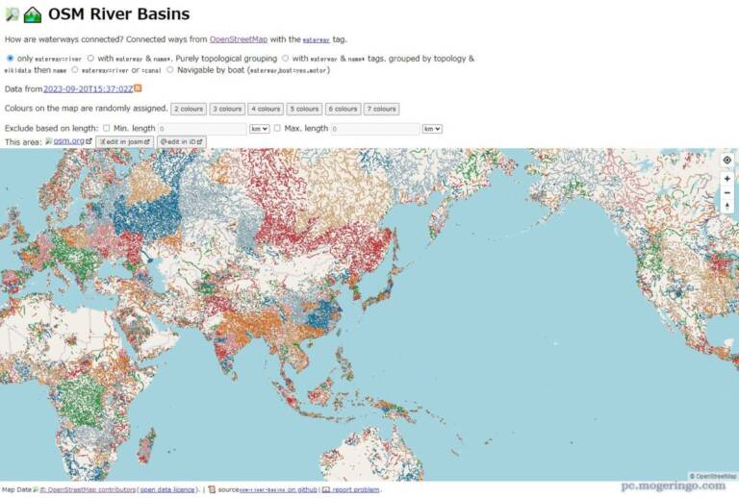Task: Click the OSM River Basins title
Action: tap(118, 14)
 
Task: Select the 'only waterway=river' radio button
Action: tap(11, 59)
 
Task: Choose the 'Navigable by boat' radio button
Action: tap(170, 69)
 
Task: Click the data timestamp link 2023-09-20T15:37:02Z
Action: tap(88, 88)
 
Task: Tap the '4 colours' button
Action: tap(265, 109)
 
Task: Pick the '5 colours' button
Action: tap(303, 109)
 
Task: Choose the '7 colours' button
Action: tap(381, 109)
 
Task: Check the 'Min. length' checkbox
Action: tap(106, 128)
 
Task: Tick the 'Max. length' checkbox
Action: tap(278, 128)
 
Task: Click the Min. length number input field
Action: tap(202, 128)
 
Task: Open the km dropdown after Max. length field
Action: tap(432, 128)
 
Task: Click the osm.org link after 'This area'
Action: tap(69, 141)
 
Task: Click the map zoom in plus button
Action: tap(727, 179)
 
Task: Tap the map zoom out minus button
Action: tap(727, 192)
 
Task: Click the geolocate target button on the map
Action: tap(727, 161)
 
